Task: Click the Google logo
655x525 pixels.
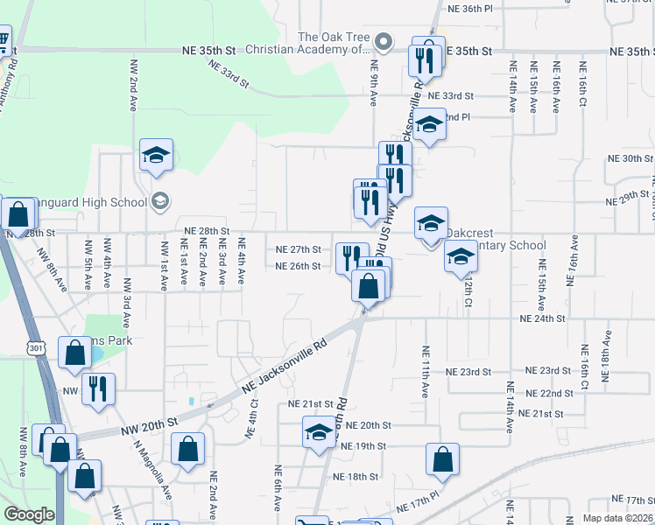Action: pos(29,514)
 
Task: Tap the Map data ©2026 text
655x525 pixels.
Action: pos(618,518)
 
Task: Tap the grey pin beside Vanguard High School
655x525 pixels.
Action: pos(158,202)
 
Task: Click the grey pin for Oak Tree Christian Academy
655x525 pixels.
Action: pos(383,42)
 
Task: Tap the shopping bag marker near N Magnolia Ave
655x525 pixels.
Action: pos(188,451)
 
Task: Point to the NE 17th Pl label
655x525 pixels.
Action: pos(416,507)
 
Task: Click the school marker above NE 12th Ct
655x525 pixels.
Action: pos(460,256)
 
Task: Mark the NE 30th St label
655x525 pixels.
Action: pos(630,158)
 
